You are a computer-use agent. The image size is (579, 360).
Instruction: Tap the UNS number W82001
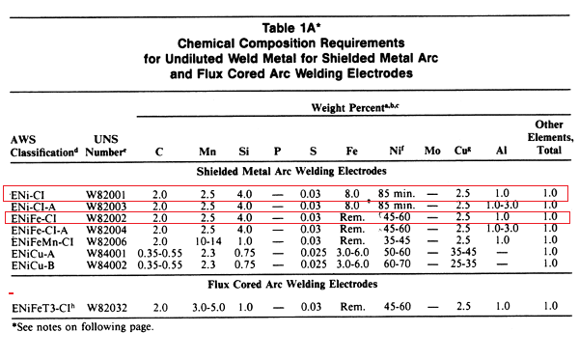[100, 194]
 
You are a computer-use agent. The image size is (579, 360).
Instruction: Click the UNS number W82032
[100, 307]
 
